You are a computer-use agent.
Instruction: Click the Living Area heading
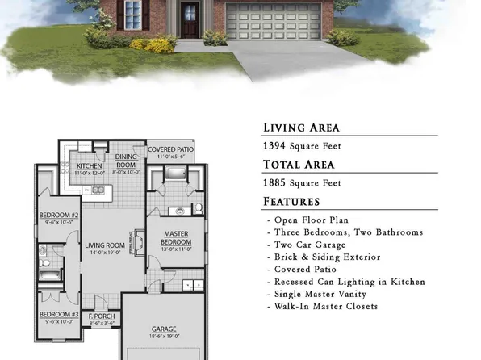(301, 128)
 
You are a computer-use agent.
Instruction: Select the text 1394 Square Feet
(301, 146)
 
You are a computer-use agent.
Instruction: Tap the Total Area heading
(299, 165)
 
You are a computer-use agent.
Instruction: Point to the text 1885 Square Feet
(301, 183)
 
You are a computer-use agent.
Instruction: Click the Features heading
(291, 202)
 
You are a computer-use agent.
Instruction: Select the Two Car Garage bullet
(311, 245)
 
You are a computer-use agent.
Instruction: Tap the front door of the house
(190, 19)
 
